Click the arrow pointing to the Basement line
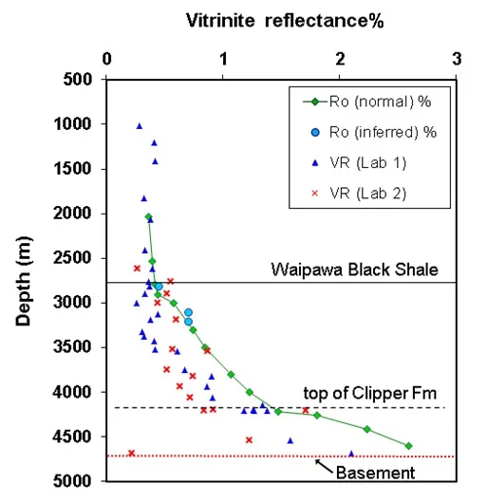pos(321,464)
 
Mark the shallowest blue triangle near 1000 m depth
pos(140,125)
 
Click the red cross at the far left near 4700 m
pos(131,453)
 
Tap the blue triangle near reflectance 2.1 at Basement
pos(351,453)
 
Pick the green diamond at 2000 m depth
pos(148,217)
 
